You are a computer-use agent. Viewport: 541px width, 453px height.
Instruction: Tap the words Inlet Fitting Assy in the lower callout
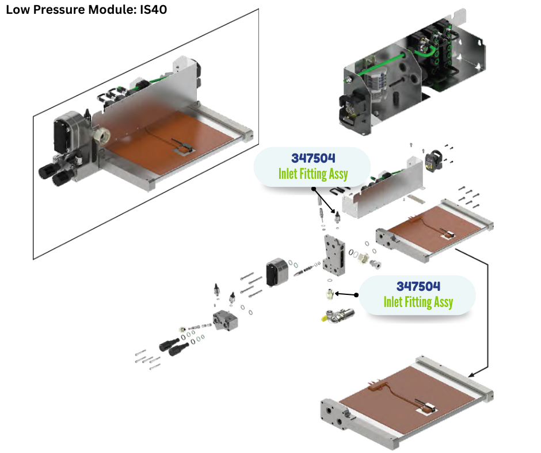tap(418, 301)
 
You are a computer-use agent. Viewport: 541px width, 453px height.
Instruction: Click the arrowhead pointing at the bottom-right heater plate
tap(473, 374)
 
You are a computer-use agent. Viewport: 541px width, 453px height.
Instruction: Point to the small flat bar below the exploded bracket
tap(415, 200)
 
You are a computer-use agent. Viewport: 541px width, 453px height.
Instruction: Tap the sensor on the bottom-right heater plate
tap(429, 409)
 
